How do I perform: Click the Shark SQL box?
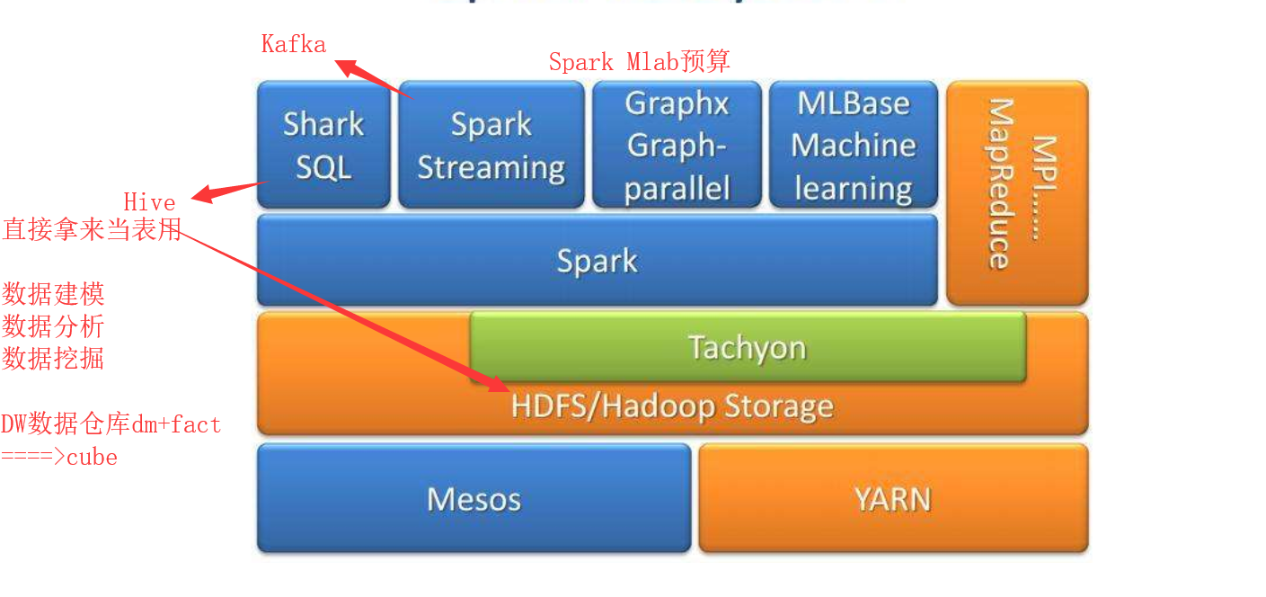323,145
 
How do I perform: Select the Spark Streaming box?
491,145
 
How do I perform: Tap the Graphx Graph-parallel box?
677,145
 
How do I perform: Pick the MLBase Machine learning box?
853,145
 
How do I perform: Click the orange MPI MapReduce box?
1016,192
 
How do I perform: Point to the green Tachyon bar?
747,346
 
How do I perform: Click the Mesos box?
474,498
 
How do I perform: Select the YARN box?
892,498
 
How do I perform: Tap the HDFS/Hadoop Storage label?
672,406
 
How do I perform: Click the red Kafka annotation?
293,43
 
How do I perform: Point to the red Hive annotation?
149,200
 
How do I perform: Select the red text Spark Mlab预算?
639,61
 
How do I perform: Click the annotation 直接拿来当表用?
92,229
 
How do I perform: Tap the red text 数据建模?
53,294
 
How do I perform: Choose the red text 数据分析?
53,326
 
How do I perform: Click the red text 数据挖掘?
53,359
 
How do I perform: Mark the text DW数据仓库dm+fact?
111,424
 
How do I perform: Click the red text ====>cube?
59,457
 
